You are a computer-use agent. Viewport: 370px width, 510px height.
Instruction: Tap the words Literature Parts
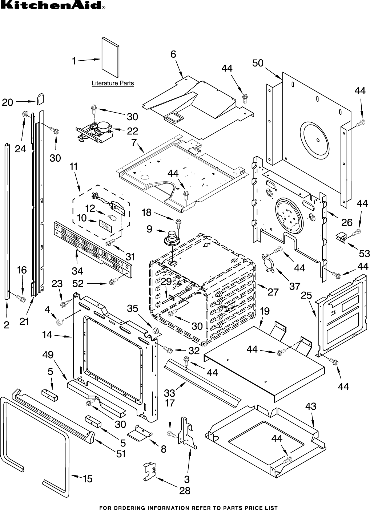coord(113,84)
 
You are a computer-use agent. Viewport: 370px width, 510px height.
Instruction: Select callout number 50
coord(258,63)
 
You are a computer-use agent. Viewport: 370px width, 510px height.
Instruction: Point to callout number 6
coord(173,54)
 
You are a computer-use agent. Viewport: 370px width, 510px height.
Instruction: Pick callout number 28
coord(185,491)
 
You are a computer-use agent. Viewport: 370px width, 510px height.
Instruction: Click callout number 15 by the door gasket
coord(88,479)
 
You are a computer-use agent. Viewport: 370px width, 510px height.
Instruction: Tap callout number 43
coord(311,406)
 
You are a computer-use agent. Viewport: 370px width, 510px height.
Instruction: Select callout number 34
coord(77,271)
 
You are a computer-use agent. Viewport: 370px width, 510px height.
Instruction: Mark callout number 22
coord(132,131)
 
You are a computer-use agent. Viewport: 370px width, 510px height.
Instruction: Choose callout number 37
coord(295,286)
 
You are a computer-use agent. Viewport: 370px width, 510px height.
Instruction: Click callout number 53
coord(364,253)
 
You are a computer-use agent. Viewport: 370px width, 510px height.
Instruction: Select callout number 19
coord(265,311)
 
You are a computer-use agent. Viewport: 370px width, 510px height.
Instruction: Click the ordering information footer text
coord(188,507)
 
